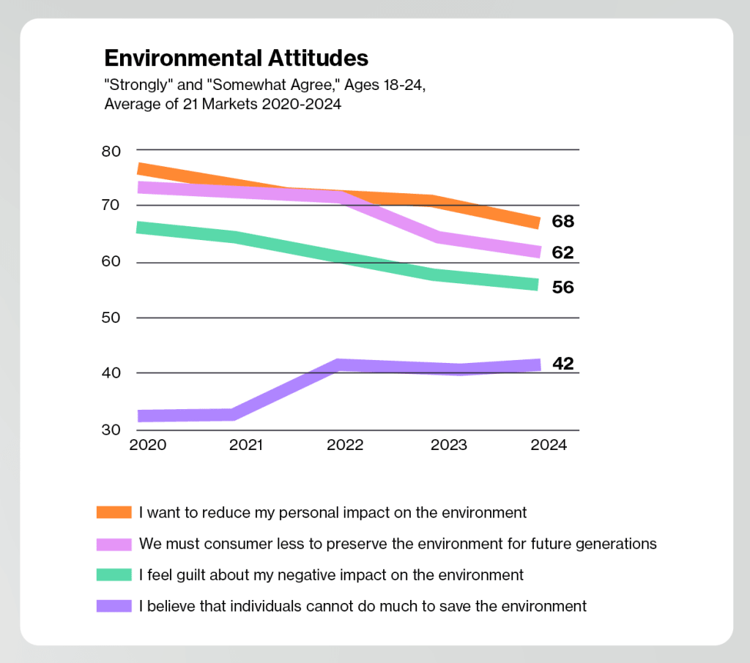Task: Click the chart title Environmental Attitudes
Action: pyautogui.click(x=236, y=58)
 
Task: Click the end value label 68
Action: pyautogui.click(x=562, y=222)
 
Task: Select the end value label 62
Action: pyautogui.click(x=562, y=253)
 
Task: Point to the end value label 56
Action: pyautogui.click(x=562, y=288)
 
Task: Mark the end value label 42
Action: pyautogui.click(x=562, y=363)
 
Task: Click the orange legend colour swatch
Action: pyautogui.click(x=114, y=512)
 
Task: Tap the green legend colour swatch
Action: pyautogui.click(x=114, y=575)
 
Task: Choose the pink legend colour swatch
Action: pyautogui.click(x=114, y=544)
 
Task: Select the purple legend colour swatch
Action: pyautogui.click(x=114, y=606)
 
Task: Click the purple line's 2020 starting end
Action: pyautogui.click(x=141, y=416)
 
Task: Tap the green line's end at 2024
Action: pyautogui.click(x=537, y=284)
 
